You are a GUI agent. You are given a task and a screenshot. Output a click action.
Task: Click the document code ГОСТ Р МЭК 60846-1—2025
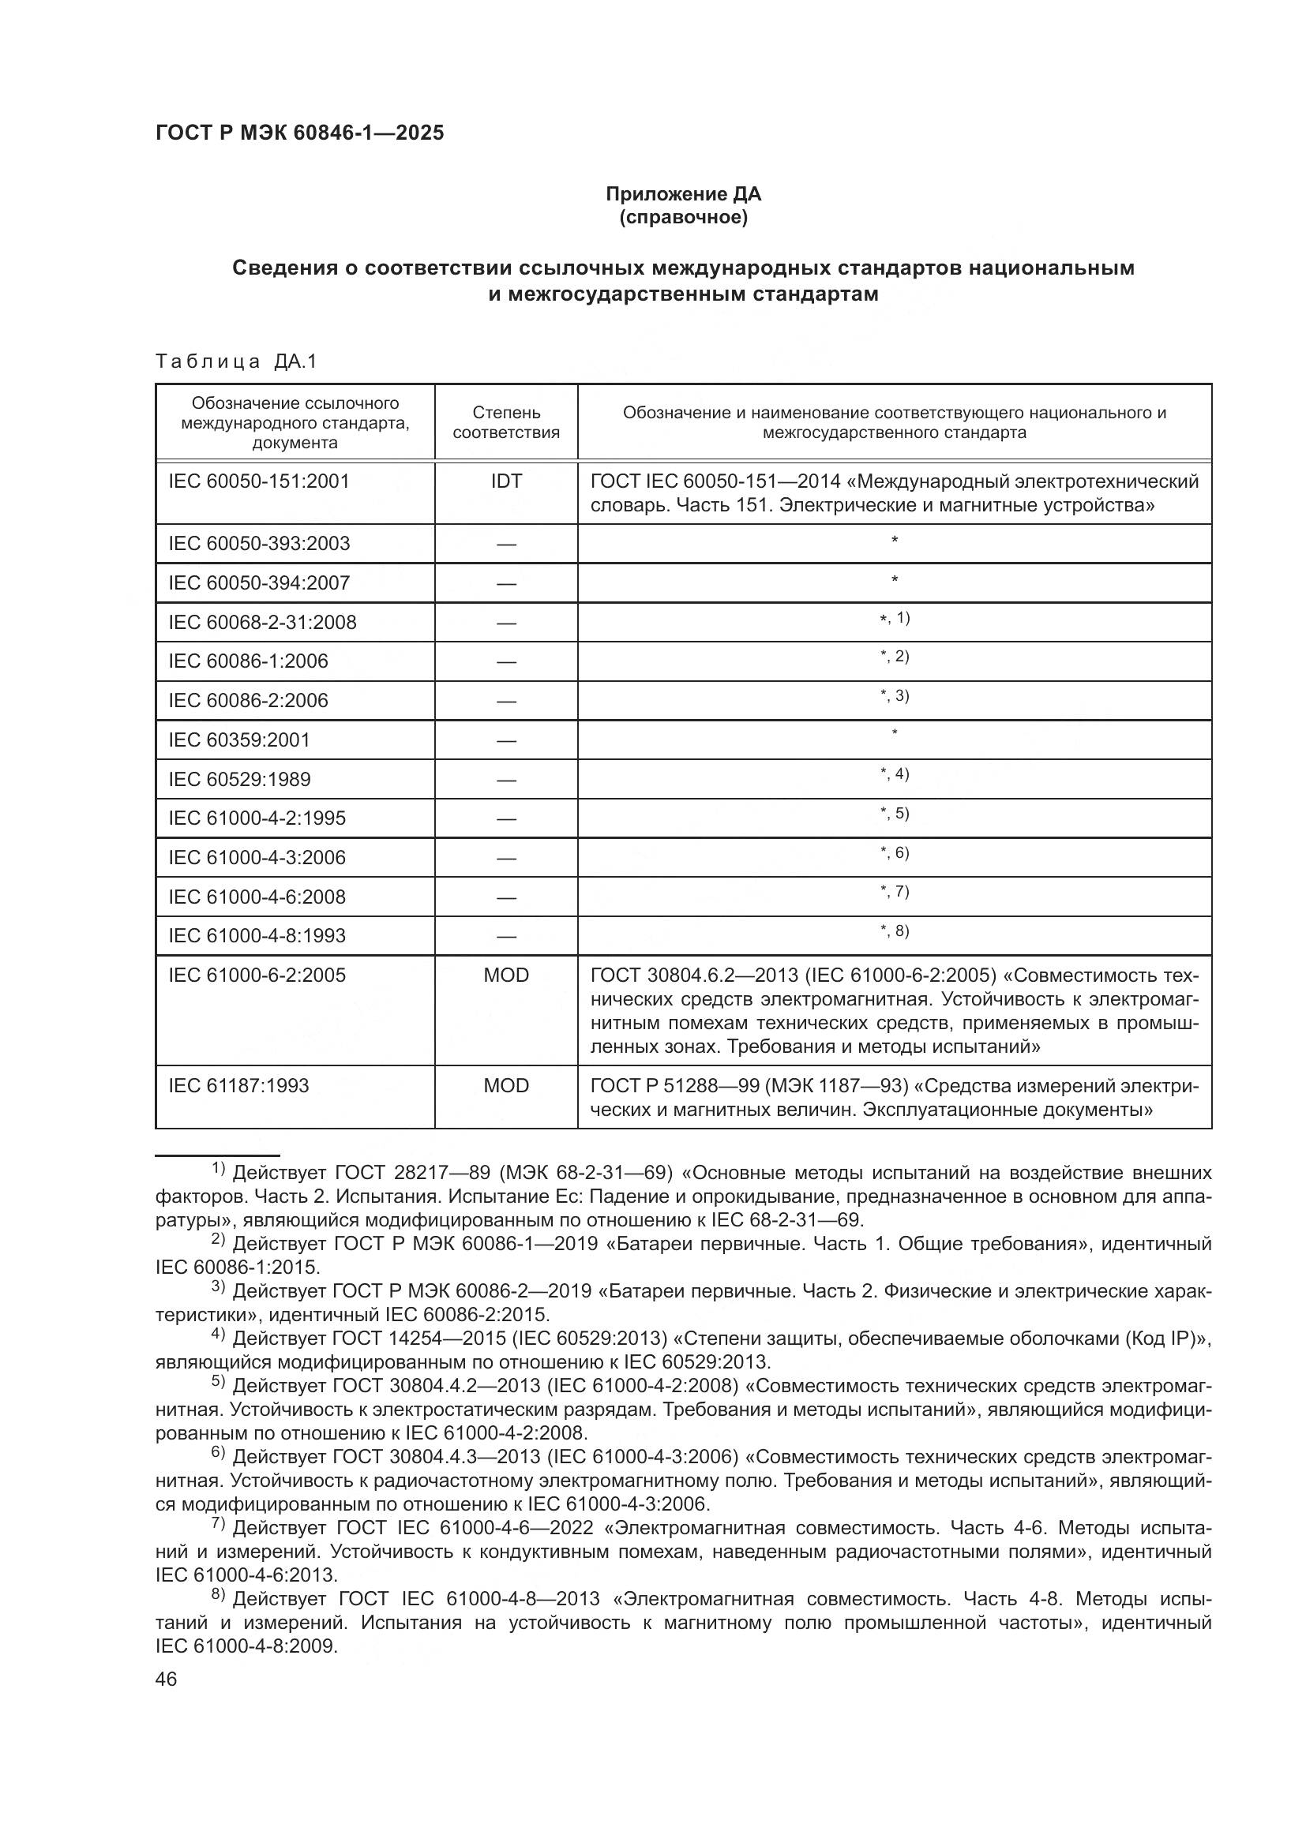tap(299, 133)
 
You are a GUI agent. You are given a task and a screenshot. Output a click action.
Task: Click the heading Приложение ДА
tap(683, 194)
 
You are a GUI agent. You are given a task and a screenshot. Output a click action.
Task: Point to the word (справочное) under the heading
tap(683, 217)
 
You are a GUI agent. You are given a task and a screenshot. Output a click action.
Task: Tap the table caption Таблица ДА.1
tap(236, 361)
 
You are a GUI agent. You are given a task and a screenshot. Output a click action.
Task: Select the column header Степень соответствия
tap(506, 422)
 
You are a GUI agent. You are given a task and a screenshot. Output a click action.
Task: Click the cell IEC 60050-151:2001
tap(259, 481)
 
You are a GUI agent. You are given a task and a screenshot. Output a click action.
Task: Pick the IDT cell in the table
tap(506, 481)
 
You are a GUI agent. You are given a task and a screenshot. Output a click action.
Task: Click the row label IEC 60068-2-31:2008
tap(262, 622)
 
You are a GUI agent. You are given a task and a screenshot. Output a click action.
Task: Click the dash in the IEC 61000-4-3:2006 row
tap(506, 858)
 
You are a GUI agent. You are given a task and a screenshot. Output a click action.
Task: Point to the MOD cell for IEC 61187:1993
tap(506, 1086)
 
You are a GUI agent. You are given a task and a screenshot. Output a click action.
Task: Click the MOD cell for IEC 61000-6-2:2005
tap(506, 975)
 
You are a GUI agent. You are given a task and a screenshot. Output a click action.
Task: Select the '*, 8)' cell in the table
tap(895, 932)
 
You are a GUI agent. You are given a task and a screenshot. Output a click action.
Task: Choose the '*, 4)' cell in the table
tap(895, 775)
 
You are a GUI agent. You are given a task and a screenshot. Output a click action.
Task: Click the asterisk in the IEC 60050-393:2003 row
tap(895, 541)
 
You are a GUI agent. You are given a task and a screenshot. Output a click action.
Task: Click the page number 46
tap(167, 1679)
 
